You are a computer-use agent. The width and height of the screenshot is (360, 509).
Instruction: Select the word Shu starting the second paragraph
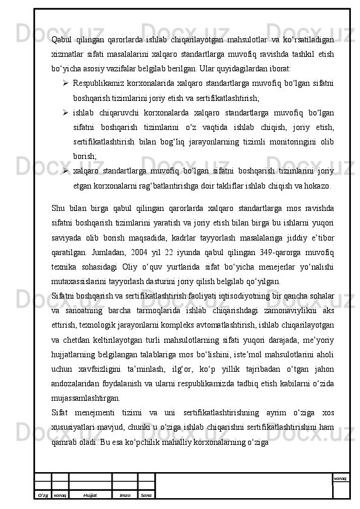point(59,209)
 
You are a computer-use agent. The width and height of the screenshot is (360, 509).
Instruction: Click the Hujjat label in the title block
point(90,494)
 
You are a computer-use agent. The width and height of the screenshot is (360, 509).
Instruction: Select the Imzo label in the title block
point(125,494)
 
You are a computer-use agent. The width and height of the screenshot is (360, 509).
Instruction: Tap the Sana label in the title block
point(146,494)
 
